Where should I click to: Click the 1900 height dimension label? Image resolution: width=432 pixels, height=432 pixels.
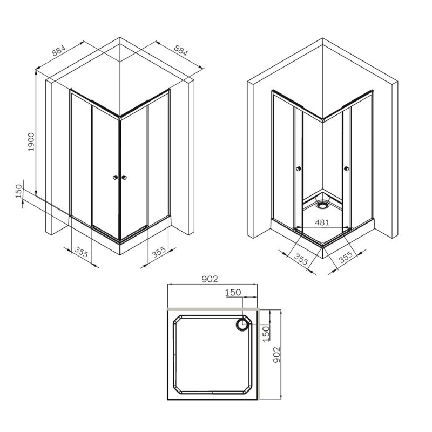31,141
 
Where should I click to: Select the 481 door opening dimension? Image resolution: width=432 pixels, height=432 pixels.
322,222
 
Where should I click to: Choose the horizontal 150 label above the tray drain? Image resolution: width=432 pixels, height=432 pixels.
232,292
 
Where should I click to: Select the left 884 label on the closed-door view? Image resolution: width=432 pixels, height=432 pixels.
59,51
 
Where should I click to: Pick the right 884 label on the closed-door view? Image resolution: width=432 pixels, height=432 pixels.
181,51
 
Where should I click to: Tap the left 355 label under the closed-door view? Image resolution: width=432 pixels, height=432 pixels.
82,252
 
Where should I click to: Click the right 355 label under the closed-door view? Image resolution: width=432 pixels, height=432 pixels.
158,252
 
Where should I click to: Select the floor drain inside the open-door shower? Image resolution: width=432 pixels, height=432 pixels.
323,205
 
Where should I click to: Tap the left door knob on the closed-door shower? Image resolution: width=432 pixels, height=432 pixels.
114,177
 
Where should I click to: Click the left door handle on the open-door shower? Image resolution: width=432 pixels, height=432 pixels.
298,170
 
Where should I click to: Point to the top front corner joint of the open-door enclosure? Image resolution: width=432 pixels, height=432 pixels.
322,121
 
